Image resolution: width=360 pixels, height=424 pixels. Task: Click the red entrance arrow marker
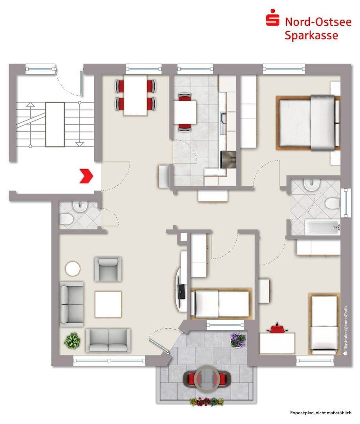coord(86,176)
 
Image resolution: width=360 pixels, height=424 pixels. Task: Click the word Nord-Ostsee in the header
coord(318,22)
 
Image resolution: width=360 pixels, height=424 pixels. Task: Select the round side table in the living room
coord(73,269)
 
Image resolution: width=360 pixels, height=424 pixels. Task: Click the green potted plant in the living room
coord(72,340)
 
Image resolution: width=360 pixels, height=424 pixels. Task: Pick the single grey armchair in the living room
coord(108,269)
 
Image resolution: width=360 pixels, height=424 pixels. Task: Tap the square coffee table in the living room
coord(108,304)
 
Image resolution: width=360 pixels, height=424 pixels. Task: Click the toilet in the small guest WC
coord(65,219)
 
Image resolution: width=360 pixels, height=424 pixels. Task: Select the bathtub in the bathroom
coord(322,227)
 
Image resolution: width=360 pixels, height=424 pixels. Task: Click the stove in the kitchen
coord(228,159)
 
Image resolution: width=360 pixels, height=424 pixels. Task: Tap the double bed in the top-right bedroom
coord(308,122)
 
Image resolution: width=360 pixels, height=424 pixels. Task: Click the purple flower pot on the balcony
coord(238,340)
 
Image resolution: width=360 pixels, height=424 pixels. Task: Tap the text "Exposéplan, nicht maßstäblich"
coord(321,413)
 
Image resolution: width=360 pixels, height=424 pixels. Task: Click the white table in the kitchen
coord(185,112)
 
